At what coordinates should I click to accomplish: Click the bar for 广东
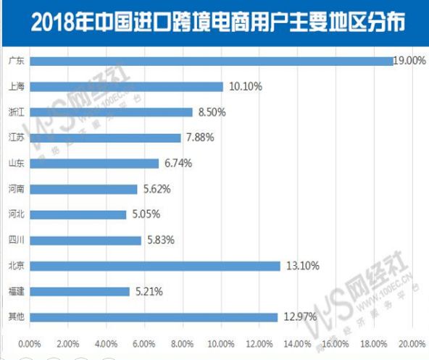[x=210, y=62]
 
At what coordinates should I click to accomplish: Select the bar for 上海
[x=126, y=87]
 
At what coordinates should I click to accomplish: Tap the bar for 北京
[x=154, y=266]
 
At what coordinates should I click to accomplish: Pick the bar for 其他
[x=153, y=317]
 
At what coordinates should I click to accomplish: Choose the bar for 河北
[x=78, y=214]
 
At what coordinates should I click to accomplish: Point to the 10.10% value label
[x=245, y=87]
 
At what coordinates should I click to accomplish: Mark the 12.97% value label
[x=299, y=317]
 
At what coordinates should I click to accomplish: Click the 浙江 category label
[x=15, y=112]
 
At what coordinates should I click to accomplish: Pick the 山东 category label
[x=15, y=164]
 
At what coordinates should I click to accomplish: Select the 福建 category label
[x=15, y=291]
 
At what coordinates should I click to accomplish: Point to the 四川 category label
[x=15, y=240]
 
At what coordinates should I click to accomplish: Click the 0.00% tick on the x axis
[x=29, y=343]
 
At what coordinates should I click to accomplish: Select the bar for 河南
[x=83, y=189]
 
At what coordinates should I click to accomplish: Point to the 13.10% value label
[x=302, y=266]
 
